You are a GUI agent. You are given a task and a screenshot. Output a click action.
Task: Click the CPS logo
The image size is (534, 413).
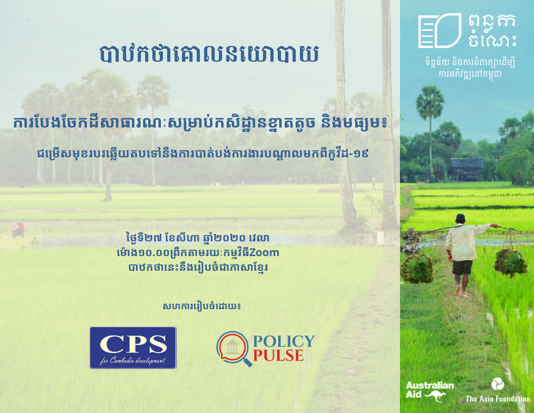point(133,348)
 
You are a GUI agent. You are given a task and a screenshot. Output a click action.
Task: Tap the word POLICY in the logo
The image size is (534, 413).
point(284,341)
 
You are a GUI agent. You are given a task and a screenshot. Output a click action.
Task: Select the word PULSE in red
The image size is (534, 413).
point(278,356)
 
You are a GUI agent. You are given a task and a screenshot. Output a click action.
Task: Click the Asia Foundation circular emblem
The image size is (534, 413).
point(498,385)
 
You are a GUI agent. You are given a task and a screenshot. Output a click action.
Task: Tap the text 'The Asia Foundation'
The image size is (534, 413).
point(498,399)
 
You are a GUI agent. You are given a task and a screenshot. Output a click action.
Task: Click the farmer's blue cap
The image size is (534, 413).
point(461,217)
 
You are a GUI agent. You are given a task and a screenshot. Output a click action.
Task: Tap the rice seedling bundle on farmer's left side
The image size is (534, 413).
point(417,269)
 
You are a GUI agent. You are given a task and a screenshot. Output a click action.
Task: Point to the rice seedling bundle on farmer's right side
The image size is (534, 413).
point(511,262)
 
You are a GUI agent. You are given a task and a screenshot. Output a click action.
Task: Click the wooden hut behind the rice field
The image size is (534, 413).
point(467,169)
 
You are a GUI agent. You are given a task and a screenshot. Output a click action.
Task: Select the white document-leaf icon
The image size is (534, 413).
point(439,31)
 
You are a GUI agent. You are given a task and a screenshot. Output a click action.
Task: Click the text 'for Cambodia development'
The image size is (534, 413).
point(132,360)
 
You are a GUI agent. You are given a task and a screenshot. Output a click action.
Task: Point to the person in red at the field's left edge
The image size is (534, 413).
point(18,230)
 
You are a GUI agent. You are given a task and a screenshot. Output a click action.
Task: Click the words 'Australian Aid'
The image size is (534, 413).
point(430,390)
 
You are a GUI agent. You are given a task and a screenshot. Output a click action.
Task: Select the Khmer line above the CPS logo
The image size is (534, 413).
point(202,306)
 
